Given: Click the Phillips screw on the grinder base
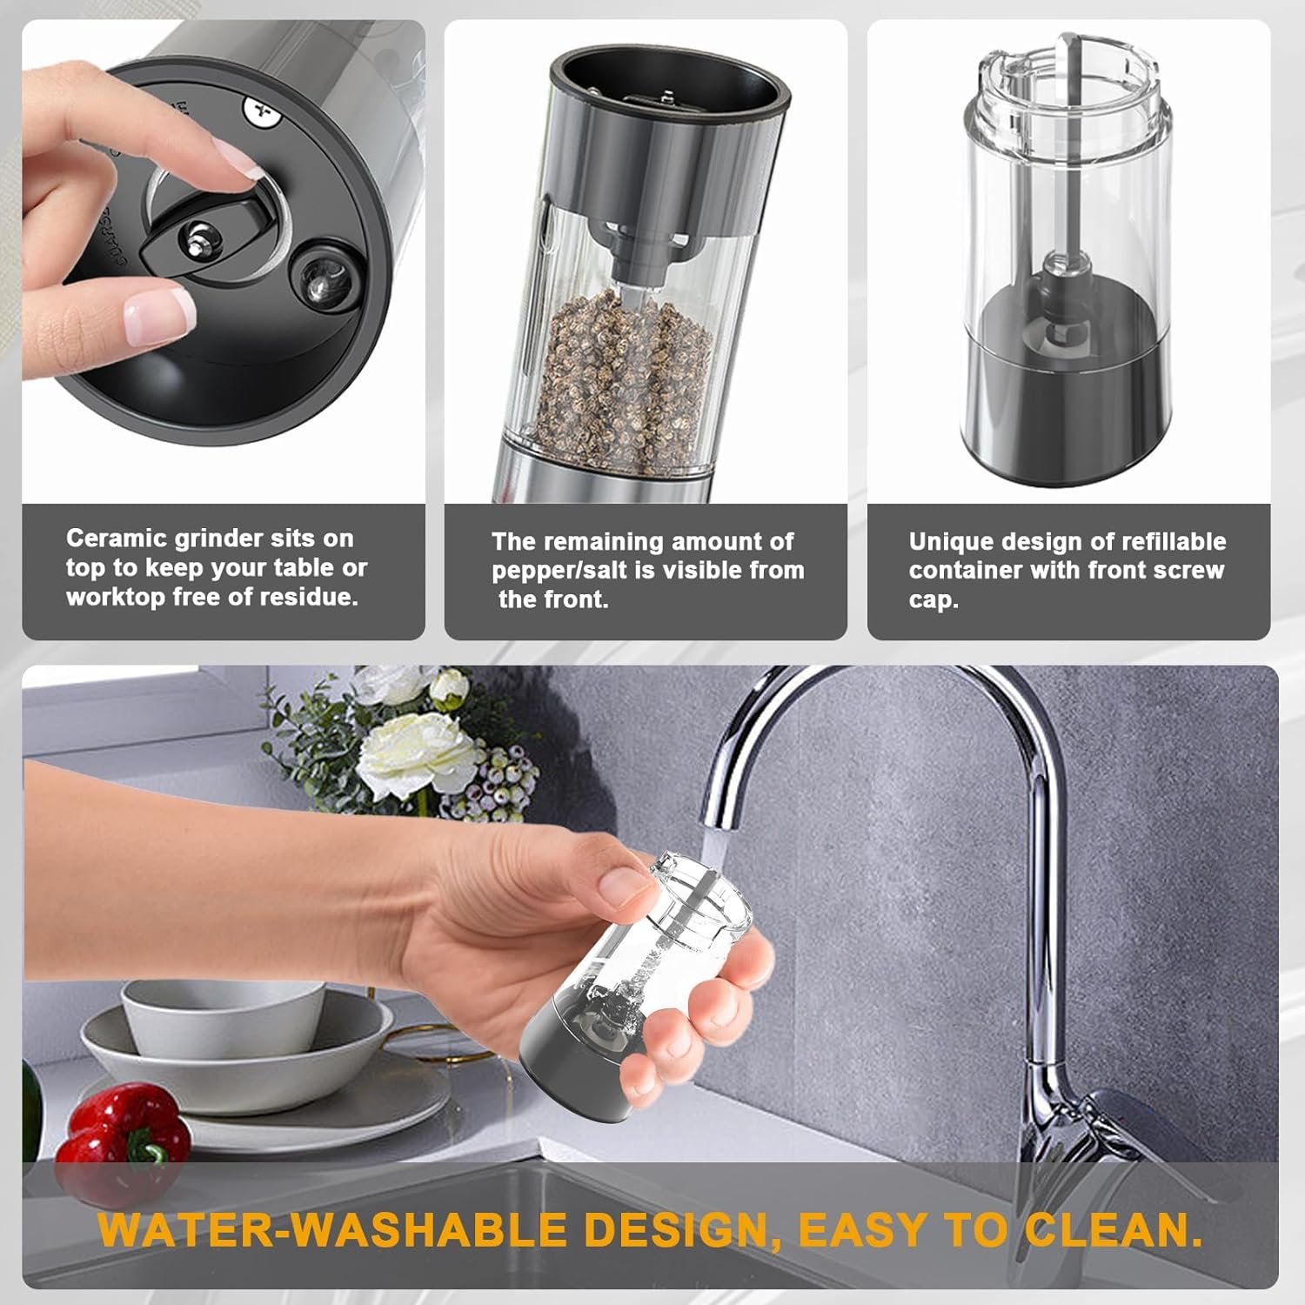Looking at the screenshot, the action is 258,110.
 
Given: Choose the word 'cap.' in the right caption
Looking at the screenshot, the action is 934,600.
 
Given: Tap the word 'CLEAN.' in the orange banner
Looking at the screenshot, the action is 1113,1228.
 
